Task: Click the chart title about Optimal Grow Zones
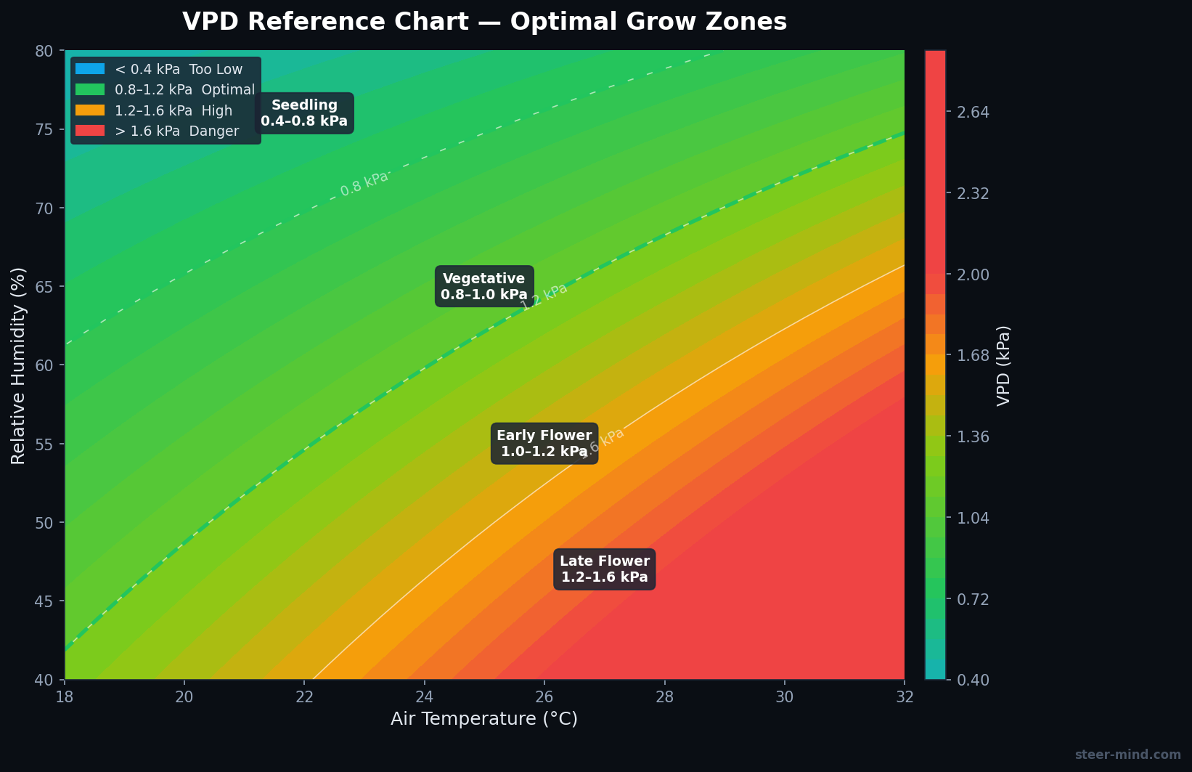point(484,22)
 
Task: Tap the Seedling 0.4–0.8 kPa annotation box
point(304,113)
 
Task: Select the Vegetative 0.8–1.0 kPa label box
point(484,287)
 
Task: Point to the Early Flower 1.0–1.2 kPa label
point(544,444)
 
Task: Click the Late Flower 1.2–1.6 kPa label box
point(604,569)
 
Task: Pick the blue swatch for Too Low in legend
point(90,69)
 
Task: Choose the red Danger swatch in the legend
point(90,131)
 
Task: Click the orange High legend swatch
point(90,110)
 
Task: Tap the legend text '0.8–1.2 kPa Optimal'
point(184,90)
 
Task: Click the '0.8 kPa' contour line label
point(364,183)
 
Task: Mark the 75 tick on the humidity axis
point(44,129)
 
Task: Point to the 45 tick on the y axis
point(44,601)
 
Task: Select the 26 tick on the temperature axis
point(544,696)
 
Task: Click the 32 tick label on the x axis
point(904,696)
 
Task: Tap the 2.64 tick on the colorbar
point(973,113)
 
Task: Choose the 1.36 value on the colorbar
point(973,437)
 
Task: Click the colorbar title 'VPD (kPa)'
point(1003,365)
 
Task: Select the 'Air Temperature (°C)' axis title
point(484,719)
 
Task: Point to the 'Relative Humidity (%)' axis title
point(19,365)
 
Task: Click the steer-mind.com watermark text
point(1127,755)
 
